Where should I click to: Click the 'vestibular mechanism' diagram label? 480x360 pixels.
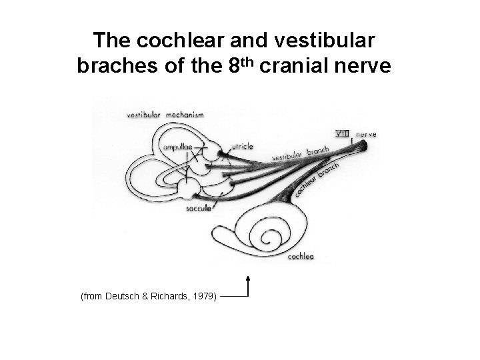(165, 115)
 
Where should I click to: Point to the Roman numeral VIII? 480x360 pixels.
(343, 134)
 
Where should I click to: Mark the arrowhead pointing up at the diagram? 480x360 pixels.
(249, 276)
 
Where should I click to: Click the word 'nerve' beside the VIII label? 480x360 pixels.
(366, 134)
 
